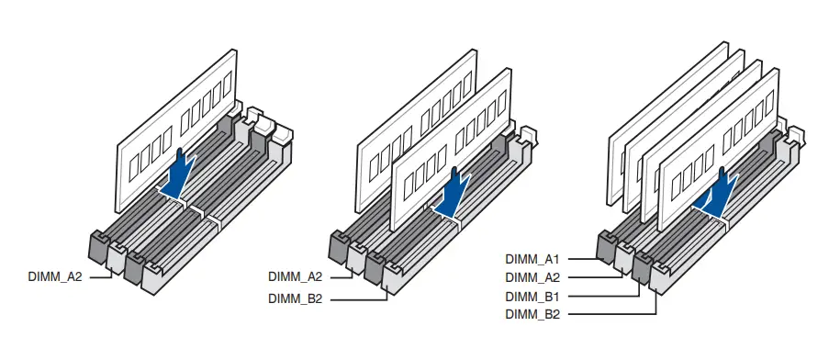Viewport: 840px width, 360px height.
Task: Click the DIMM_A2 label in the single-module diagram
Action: [x=55, y=277]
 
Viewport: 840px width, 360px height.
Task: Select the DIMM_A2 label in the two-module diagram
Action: [x=296, y=277]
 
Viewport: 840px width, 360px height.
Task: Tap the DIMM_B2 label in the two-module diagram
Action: [x=296, y=299]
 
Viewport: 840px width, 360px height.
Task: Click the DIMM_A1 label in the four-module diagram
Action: [x=532, y=259]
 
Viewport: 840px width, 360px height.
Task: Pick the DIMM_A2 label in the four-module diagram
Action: [x=532, y=277]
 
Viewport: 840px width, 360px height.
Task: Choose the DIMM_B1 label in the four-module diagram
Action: [x=532, y=297]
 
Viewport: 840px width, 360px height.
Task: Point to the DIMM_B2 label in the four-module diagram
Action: [x=532, y=314]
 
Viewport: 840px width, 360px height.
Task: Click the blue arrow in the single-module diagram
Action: [x=178, y=175]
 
